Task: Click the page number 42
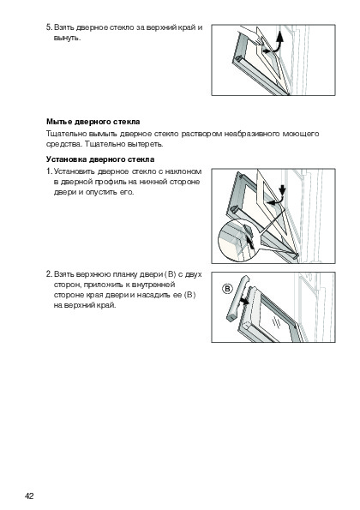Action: (29, 496)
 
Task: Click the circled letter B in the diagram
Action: (228, 289)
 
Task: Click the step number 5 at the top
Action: (49, 27)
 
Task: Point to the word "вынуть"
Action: (66, 38)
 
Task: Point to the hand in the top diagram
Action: (249, 35)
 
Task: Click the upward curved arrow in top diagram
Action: (276, 42)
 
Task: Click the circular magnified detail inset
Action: (238, 240)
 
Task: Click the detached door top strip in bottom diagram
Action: (237, 298)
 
